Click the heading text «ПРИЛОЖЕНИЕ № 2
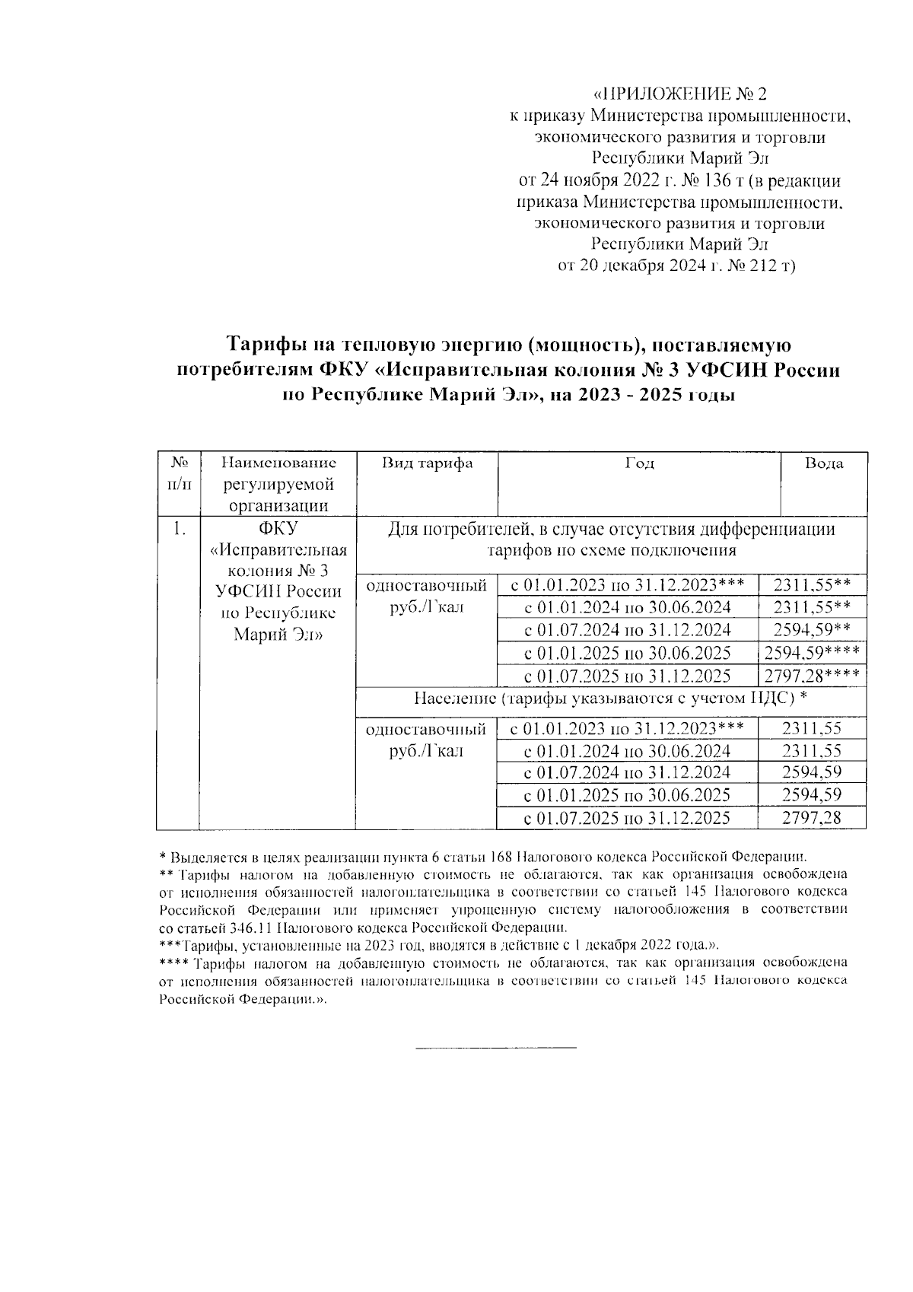679,95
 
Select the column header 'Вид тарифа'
427,463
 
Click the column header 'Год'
639,463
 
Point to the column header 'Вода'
824,463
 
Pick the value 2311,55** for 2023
811,585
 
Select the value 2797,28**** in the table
813,676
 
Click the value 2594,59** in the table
811,630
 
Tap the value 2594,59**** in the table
813,653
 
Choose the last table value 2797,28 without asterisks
812,818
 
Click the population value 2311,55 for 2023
812,728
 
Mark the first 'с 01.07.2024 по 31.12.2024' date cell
628,630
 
